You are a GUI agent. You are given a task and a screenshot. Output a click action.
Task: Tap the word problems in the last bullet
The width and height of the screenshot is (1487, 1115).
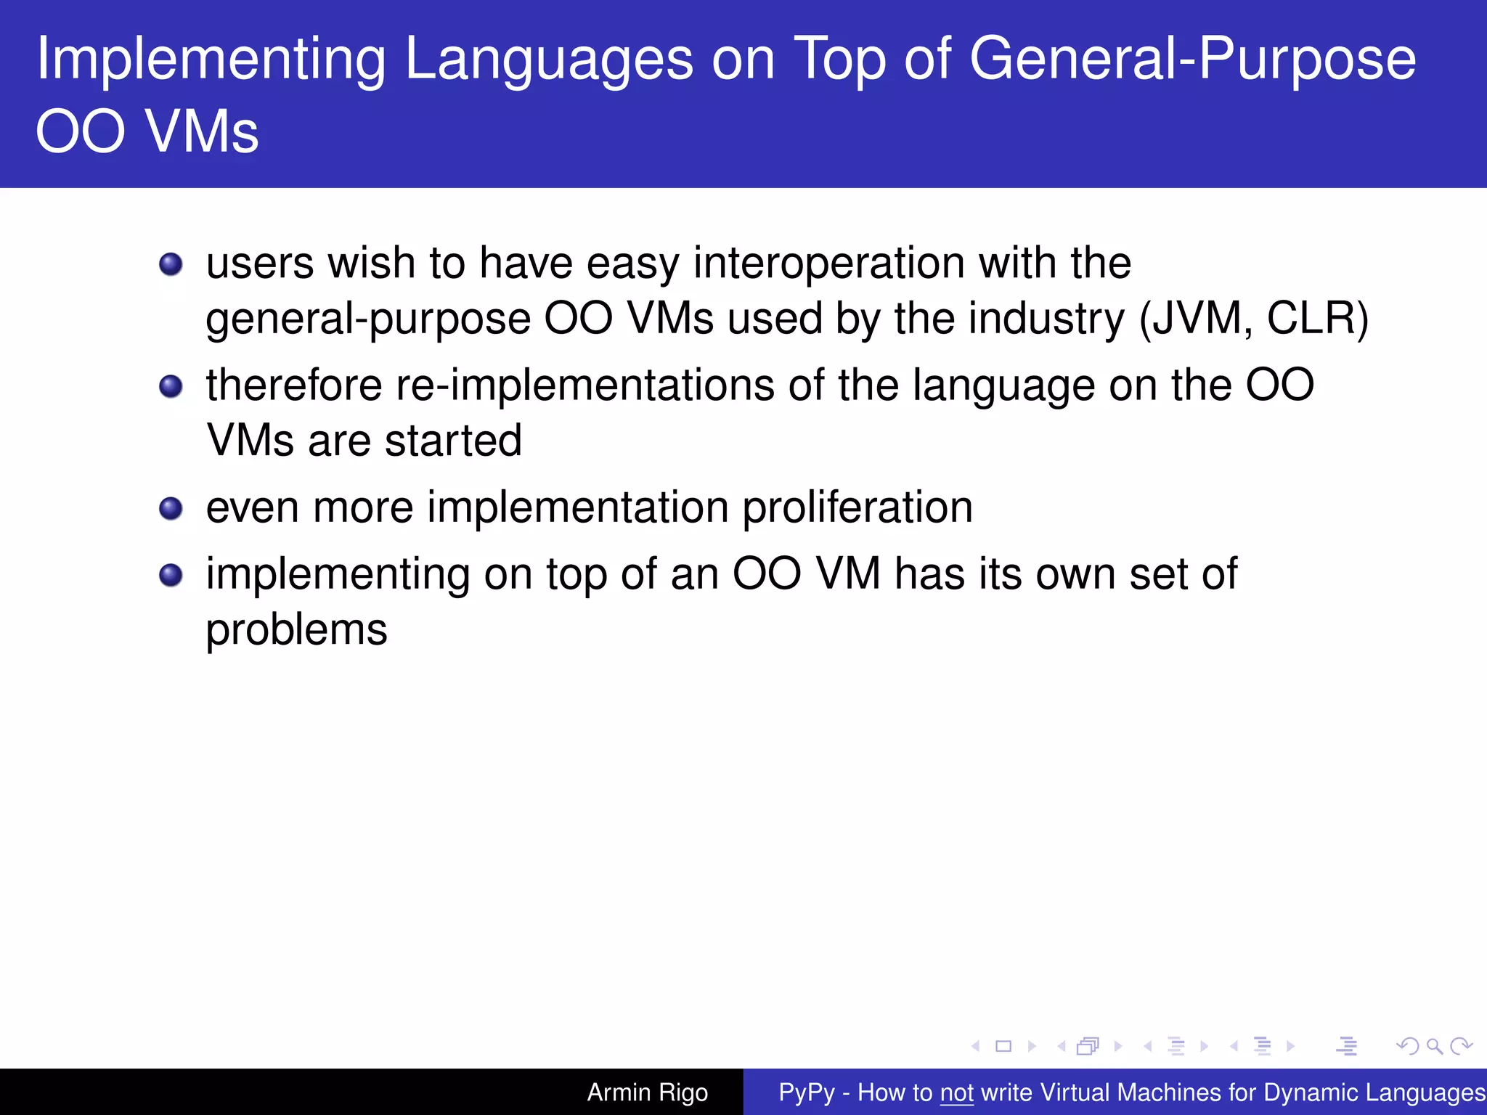coord(296,630)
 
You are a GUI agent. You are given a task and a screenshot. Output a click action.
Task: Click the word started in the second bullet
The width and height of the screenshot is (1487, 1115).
coord(453,441)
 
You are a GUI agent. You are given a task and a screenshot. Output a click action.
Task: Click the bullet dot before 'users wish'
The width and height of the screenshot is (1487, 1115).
coord(171,264)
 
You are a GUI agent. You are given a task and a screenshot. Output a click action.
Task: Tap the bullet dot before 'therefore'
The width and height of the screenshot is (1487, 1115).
coord(171,386)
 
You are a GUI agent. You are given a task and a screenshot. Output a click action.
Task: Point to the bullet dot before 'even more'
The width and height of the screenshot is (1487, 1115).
coord(171,508)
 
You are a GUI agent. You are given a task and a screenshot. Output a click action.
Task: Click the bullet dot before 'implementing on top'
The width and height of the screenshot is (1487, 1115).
coord(171,575)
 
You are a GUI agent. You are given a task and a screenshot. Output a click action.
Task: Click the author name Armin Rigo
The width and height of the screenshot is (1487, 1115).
coord(647,1092)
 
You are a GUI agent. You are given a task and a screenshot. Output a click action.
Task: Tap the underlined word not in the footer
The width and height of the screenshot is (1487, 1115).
coord(956,1092)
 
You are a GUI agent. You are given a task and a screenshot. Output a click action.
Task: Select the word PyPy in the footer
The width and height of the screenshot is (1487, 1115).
coord(806,1092)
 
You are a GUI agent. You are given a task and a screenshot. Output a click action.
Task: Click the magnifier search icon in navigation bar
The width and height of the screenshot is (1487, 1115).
coord(1434,1046)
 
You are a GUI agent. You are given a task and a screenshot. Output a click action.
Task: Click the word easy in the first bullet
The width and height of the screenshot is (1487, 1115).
coord(632,263)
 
